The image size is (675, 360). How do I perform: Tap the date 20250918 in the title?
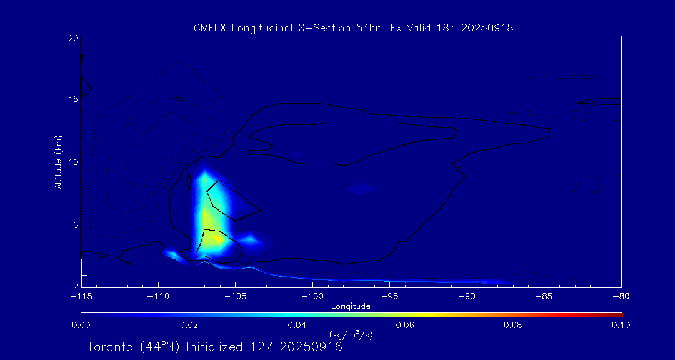487,28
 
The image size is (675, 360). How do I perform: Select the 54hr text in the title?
364,28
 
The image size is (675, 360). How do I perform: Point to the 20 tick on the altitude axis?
72,38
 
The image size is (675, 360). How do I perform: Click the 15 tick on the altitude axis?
72,99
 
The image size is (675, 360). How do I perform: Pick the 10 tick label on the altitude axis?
72,162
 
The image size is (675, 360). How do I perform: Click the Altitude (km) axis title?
58,162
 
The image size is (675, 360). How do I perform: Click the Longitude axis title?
351,306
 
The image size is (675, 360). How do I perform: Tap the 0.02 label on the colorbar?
189,325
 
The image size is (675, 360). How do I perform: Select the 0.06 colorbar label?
404,325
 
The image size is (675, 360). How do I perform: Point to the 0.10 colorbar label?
621,325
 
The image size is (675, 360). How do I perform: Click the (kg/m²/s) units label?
351,335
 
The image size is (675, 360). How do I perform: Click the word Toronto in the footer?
109,347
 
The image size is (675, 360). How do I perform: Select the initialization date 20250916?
311,347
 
